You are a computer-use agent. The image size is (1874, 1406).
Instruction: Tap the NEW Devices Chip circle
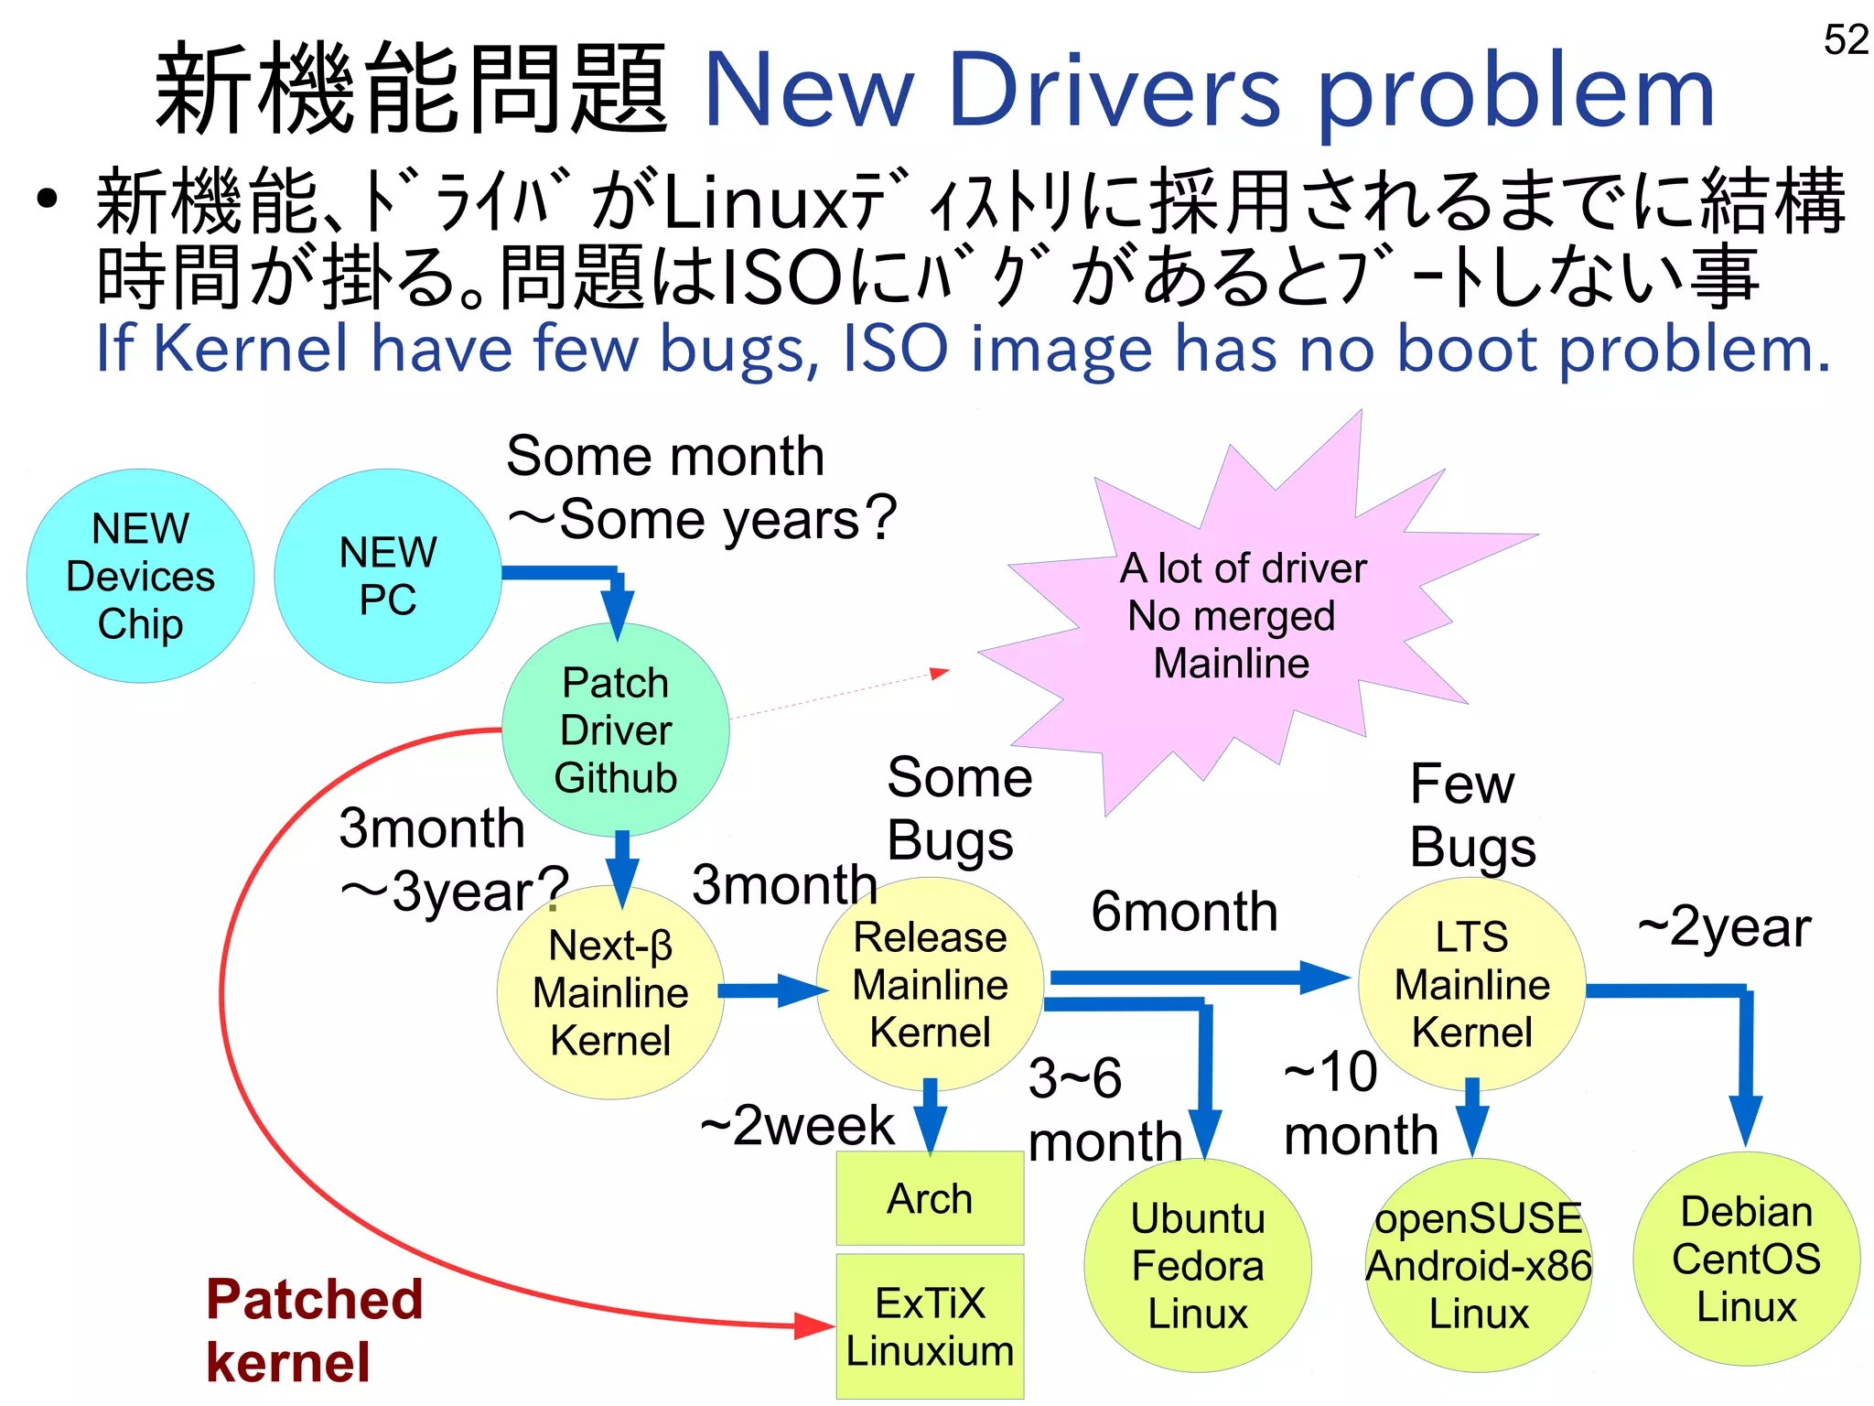click(x=140, y=577)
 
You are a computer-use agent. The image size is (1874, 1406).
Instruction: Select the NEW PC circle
click(x=387, y=577)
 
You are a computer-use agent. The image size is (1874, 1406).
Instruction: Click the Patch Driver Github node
click(x=615, y=730)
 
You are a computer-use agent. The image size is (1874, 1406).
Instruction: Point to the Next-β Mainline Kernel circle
click(x=610, y=993)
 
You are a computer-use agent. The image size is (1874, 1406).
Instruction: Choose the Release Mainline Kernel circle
click(x=930, y=985)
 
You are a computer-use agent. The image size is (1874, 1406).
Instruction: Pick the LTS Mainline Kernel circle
click(x=1471, y=985)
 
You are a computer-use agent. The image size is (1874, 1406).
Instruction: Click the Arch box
click(x=930, y=1198)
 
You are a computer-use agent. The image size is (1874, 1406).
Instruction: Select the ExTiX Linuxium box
click(x=930, y=1326)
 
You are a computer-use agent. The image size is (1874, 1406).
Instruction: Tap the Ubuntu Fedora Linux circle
click(x=1197, y=1266)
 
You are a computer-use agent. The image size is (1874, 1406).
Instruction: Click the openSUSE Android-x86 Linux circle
click(x=1479, y=1266)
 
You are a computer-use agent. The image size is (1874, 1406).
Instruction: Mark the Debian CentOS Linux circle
click(x=1746, y=1260)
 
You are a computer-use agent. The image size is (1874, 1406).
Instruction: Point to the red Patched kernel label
click(x=314, y=1330)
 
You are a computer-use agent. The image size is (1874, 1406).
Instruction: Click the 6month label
click(x=1184, y=912)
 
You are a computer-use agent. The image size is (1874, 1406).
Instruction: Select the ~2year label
click(x=1724, y=927)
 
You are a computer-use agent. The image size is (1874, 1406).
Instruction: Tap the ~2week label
click(x=796, y=1125)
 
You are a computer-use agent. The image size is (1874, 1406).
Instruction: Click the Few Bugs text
click(x=1471, y=815)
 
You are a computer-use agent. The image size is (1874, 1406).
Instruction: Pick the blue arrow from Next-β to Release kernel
click(x=771, y=990)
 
